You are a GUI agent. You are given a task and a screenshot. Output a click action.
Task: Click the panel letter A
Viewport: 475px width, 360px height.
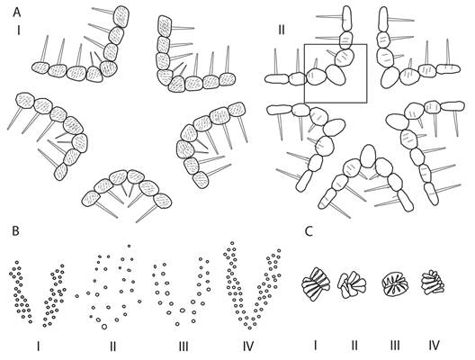[17, 13]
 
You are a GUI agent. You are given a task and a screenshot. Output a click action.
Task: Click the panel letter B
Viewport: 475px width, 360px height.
[15, 231]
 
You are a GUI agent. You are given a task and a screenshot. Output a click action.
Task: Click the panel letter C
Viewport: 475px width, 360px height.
[309, 231]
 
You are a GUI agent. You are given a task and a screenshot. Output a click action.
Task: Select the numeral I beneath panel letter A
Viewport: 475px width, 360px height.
[19, 30]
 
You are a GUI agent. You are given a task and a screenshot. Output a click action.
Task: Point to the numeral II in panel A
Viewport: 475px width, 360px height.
[282, 30]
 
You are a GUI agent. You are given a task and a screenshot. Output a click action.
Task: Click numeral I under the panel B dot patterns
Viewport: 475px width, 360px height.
[38, 346]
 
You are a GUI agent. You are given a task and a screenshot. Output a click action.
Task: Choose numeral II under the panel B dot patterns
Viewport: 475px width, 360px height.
[112, 346]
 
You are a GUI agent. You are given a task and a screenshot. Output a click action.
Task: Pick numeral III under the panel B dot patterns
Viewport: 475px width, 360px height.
[184, 346]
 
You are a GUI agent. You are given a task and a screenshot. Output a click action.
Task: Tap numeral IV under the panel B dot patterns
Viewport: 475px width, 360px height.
[248, 346]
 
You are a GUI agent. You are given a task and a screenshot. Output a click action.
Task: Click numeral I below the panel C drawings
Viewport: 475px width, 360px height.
[316, 346]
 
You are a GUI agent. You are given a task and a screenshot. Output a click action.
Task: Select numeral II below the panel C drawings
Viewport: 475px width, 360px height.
[354, 346]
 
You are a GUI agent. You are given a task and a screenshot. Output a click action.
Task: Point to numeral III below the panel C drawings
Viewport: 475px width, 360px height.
[395, 346]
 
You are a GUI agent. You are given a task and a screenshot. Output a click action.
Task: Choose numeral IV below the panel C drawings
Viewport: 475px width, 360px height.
[435, 346]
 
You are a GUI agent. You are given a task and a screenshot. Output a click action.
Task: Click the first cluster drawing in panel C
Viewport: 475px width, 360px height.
[316, 283]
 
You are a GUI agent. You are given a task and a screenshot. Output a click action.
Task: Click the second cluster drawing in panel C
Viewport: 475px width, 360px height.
[352, 284]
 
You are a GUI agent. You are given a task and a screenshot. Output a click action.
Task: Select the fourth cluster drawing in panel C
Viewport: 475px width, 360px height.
[434, 283]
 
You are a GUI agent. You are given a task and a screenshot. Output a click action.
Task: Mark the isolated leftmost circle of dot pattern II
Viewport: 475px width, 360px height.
[77, 296]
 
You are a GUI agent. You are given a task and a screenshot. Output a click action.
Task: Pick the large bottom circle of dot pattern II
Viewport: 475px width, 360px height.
[104, 327]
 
